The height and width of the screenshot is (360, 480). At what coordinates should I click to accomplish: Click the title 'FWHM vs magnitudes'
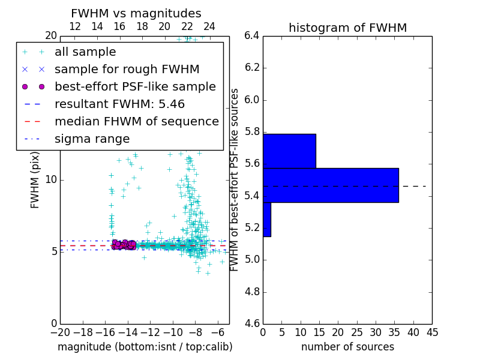[136, 13]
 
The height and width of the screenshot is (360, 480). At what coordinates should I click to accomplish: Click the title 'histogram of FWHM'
[347, 28]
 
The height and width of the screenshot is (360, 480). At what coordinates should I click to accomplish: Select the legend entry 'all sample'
[85, 52]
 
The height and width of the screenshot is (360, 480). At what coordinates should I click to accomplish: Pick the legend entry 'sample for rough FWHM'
[127, 70]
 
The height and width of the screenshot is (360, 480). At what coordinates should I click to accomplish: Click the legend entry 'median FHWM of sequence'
[136, 122]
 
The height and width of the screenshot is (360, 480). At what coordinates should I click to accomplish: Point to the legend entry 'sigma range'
[92, 139]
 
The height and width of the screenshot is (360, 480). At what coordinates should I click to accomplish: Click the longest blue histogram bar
[331, 185]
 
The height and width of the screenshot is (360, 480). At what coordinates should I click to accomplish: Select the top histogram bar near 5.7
[289, 151]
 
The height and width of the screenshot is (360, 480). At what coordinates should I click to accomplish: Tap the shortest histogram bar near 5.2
[266, 219]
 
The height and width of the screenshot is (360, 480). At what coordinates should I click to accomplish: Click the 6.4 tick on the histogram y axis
[251, 35]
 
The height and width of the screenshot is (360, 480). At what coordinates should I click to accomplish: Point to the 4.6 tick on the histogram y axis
[251, 324]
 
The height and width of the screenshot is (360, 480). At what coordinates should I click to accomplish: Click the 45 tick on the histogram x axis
[432, 332]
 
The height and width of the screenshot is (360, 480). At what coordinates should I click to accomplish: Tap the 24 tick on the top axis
[209, 26]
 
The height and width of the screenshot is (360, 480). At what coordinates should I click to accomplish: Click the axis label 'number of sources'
[347, 347]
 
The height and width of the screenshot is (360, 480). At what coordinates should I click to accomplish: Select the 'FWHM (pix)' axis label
[35, 179]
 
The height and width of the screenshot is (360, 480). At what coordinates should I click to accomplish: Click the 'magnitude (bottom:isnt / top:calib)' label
[145, 347]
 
